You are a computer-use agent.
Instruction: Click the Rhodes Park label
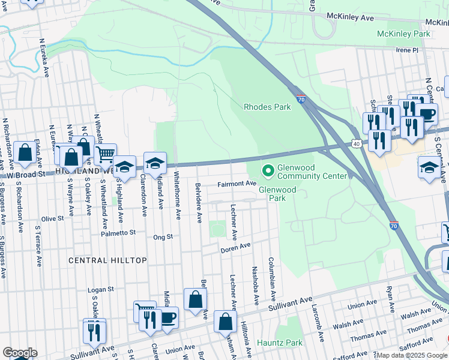click(x=267, y=107)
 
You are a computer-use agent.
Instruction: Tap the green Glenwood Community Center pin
click(x=267, y=172)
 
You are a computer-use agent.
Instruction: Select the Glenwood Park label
click(x=277, y=193)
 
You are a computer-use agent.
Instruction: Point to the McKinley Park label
click(x=403, y=34)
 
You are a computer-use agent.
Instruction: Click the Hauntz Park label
click(x=280, y=343)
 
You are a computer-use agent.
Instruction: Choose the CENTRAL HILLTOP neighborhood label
click(x=107, y=260)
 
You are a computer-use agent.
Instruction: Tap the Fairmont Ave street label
click(x=237, y=184)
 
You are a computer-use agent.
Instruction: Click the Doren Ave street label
click(x=235, y=248)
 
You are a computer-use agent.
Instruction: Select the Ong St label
click(x=163, y=237)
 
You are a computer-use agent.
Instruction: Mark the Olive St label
click(x=52, y=219)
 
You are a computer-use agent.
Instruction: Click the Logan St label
click(x=101, y=290)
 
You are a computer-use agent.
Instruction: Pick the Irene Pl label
click(x=406, y=50)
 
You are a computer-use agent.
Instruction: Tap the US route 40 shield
click(x=356, y=144)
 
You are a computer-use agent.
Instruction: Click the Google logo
click(x=20, y=353)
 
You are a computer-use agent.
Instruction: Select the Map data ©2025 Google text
click(x=412, y=355)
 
